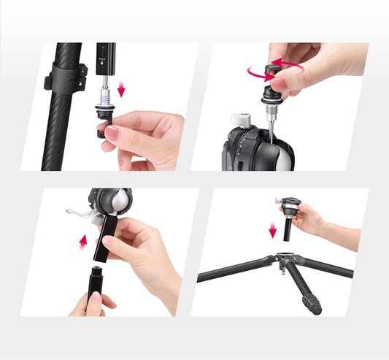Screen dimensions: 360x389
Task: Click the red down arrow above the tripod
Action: pos(273,231)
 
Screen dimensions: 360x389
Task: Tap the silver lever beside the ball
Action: pos(82,213)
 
